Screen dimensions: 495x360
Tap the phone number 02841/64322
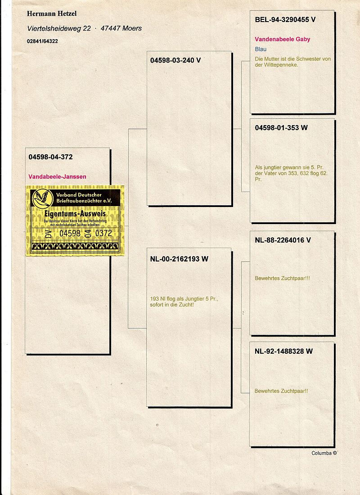(42, 41)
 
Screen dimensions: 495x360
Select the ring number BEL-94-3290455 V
(285, 20)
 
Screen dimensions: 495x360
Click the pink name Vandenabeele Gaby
(282, 39)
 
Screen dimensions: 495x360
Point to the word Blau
(261, 49)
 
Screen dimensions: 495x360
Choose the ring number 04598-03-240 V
(175, 60)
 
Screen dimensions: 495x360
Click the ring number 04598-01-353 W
(281, 128)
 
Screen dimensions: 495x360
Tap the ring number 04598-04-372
(50, 157)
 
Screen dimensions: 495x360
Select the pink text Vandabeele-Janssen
(57, 177)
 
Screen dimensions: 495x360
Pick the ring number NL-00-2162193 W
(179, 259)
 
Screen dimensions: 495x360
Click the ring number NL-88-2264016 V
(283, 240)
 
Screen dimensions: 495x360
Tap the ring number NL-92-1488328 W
(283, 351)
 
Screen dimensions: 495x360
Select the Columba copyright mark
(324, 453)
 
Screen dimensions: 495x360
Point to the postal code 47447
(111, 28)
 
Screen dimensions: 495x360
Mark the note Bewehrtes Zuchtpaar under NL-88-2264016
(282, 279)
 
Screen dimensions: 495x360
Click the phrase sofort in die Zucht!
(172, 305)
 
